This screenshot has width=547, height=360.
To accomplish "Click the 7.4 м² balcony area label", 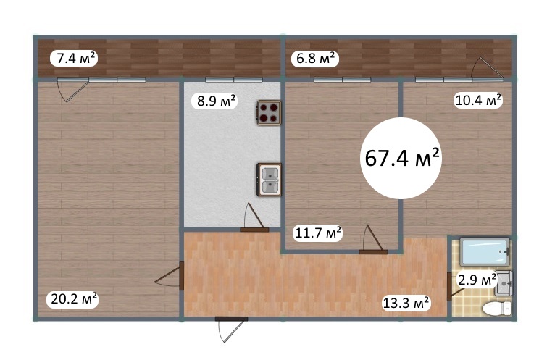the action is [74, 58].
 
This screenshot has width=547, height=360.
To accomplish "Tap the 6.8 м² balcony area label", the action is [315, 58].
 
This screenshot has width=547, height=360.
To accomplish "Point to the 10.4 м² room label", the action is [478, 100].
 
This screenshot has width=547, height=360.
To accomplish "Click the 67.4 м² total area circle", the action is [401, 159].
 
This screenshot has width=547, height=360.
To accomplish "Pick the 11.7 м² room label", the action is [318, 233].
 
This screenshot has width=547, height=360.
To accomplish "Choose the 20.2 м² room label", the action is [74, 299].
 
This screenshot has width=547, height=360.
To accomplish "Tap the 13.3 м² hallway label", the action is [406, 303].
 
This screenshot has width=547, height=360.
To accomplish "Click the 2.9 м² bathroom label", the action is [477, 280].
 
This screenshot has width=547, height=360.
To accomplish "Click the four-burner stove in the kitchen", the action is [270, 113].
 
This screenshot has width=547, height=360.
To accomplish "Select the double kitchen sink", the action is [269, 180].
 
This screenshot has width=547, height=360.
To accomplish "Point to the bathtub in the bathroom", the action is [485, 251].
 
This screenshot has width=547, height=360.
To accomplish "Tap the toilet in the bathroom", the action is [497, 309].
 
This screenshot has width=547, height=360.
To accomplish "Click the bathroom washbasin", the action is [504, 284].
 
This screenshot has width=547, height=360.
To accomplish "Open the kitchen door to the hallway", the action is [254, 218].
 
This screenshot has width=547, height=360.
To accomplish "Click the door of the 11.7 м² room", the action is [373, 240].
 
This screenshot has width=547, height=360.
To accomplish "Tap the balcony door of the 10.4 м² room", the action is [488, 69].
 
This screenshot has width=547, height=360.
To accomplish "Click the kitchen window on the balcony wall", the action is [234, 80].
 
